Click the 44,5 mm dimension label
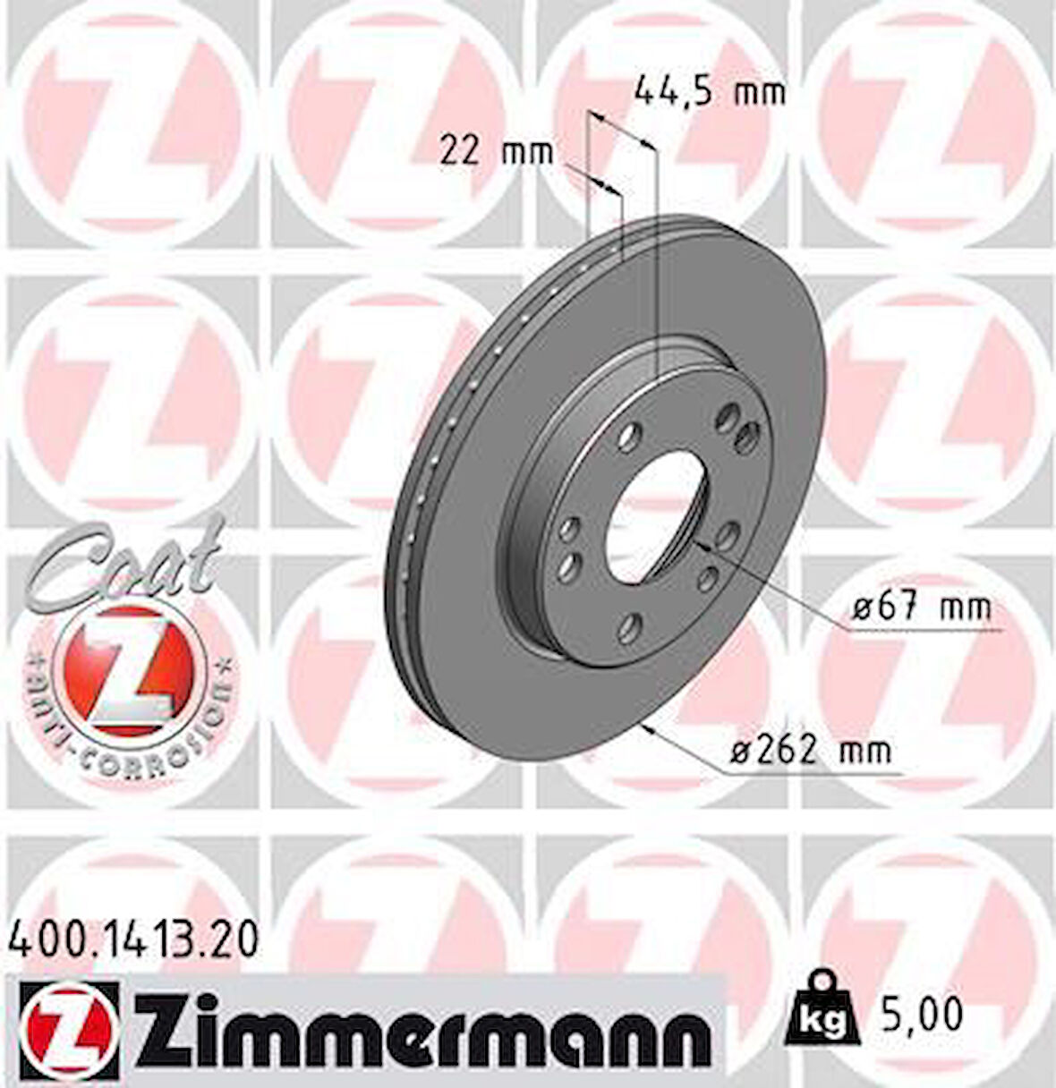[709, 91]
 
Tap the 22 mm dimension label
[496, 152]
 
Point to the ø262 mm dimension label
[811, 750]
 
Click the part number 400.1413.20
[133, 939]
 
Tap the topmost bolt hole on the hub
[729, 414]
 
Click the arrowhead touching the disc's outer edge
[651, 728]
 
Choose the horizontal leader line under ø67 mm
[922, 630]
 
